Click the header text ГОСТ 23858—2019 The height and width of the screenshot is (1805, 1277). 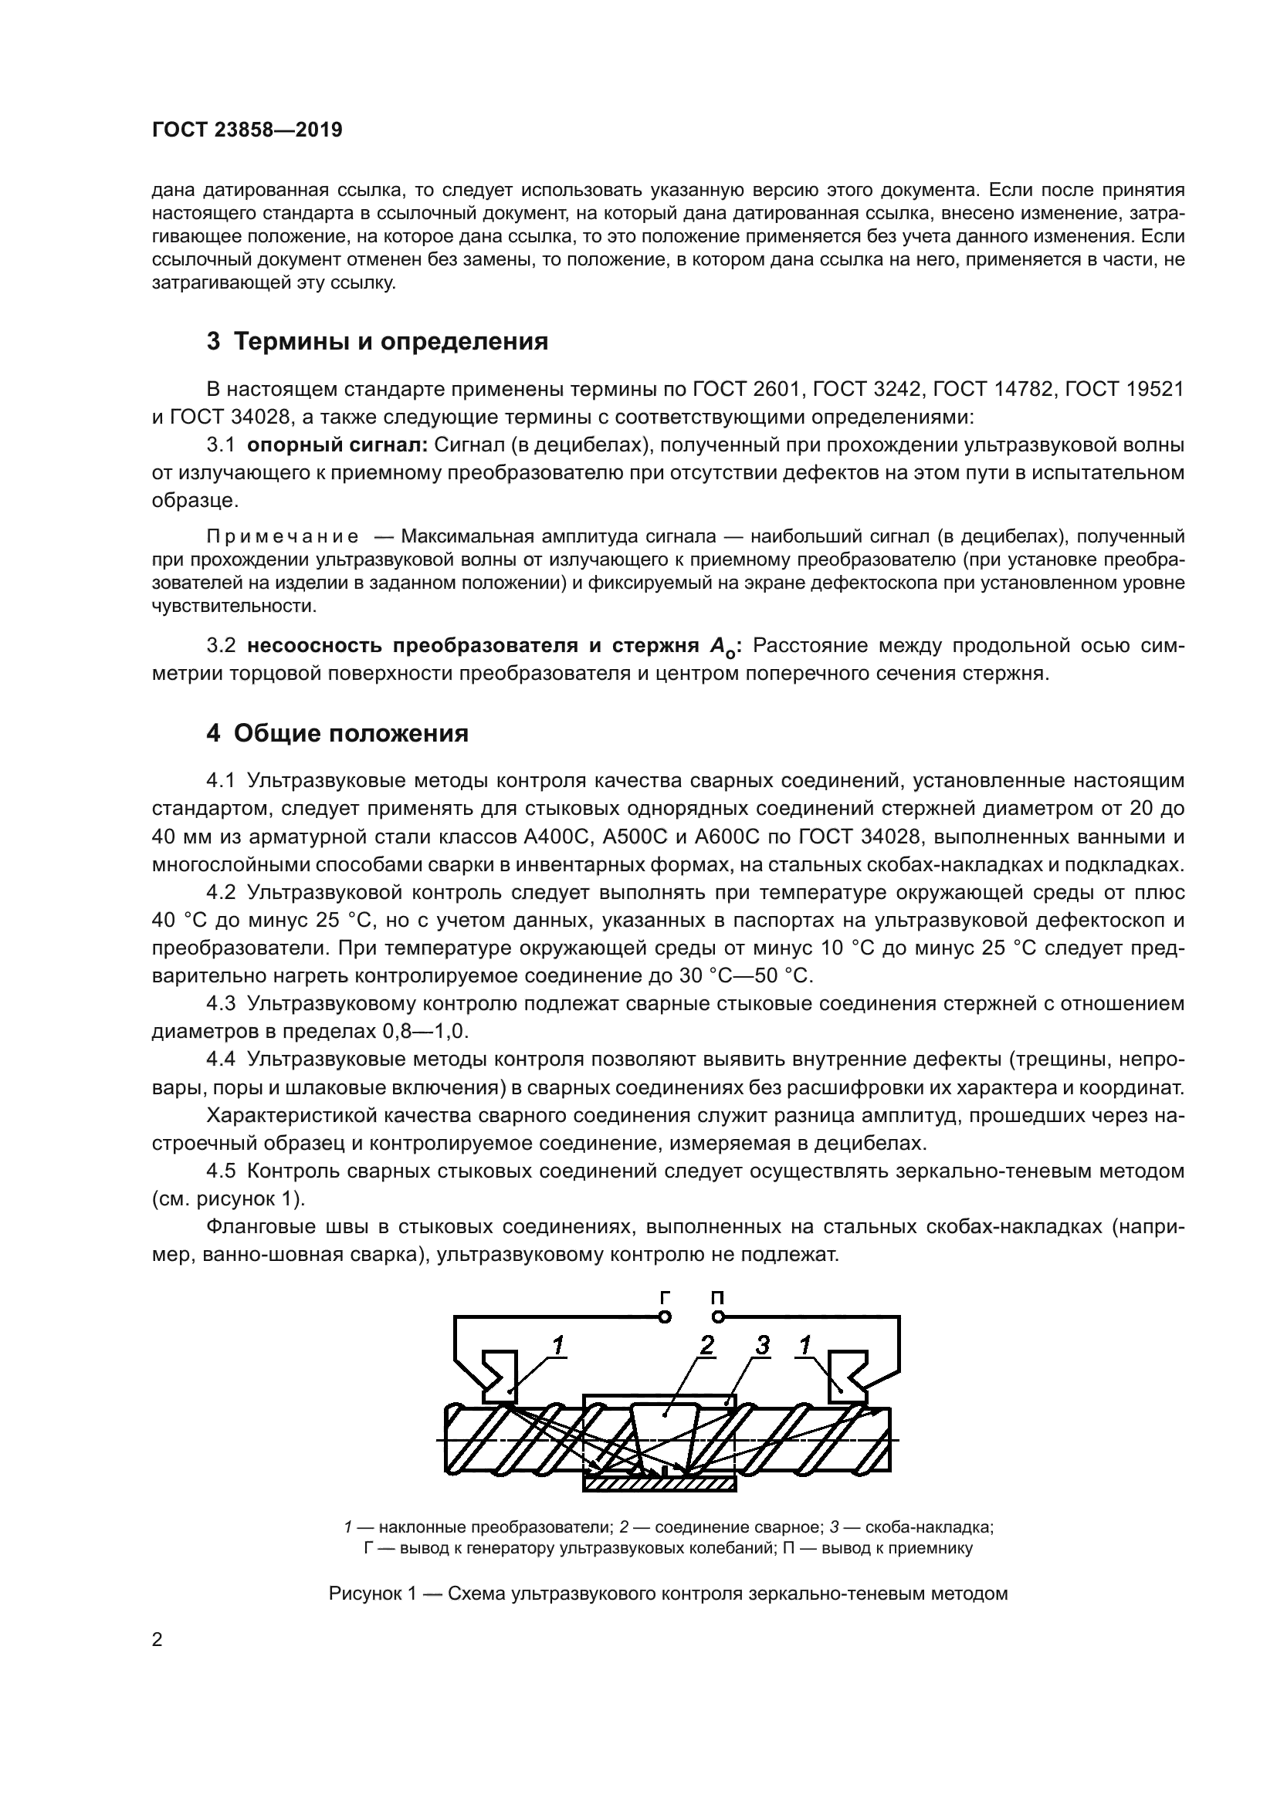point(247,130)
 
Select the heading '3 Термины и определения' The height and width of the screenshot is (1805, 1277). point(378,342)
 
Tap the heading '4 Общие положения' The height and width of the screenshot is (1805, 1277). point(337,733)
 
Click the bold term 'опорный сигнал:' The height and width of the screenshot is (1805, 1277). point(337,445)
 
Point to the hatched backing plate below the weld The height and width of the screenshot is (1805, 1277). point(659,1483)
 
